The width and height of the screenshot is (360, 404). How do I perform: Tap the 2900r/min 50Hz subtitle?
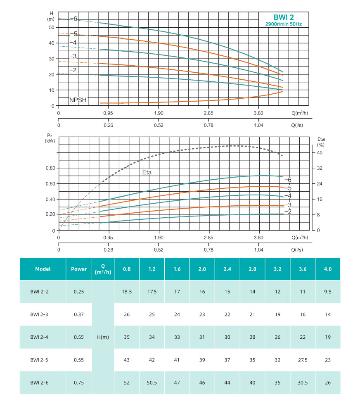point(283,24)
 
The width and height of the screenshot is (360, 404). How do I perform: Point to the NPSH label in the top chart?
point(78,100)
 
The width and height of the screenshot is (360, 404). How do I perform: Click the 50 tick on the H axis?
point(52,27)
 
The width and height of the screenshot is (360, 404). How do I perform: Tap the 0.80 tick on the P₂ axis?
point(50,168)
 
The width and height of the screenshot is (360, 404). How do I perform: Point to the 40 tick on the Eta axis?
point(319,152)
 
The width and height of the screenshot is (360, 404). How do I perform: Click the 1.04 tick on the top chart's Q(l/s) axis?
point(258,126)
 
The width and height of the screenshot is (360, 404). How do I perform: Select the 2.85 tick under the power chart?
point(208,238)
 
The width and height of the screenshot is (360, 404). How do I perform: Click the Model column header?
point(43,269)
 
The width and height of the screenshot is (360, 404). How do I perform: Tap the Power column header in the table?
point(78,269)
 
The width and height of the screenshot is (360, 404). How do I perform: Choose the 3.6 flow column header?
point(303,269)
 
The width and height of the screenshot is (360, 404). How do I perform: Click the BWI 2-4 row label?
point(40,337)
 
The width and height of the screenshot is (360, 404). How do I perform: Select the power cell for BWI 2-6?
point(78,383)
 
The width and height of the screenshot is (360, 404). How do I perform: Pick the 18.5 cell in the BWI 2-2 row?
point(127,292)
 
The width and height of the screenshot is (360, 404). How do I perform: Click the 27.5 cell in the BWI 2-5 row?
point(303,360)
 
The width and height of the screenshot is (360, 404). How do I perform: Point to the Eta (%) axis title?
point(321,142)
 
